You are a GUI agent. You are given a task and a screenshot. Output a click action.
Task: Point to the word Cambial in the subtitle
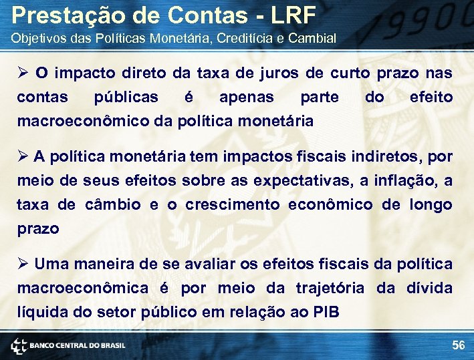coord(312,37)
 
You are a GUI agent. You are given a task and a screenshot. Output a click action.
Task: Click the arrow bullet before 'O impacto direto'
coord(23,73)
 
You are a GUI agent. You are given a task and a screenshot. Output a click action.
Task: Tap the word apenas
coord(247,97)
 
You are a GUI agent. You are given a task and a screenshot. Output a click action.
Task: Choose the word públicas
coord(126,97)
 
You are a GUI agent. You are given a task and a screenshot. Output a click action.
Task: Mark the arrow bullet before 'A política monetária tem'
coord(23,156)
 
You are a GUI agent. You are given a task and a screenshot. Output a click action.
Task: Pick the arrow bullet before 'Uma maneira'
coord(23,264)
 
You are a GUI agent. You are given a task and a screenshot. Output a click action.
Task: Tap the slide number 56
coord(458,345)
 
